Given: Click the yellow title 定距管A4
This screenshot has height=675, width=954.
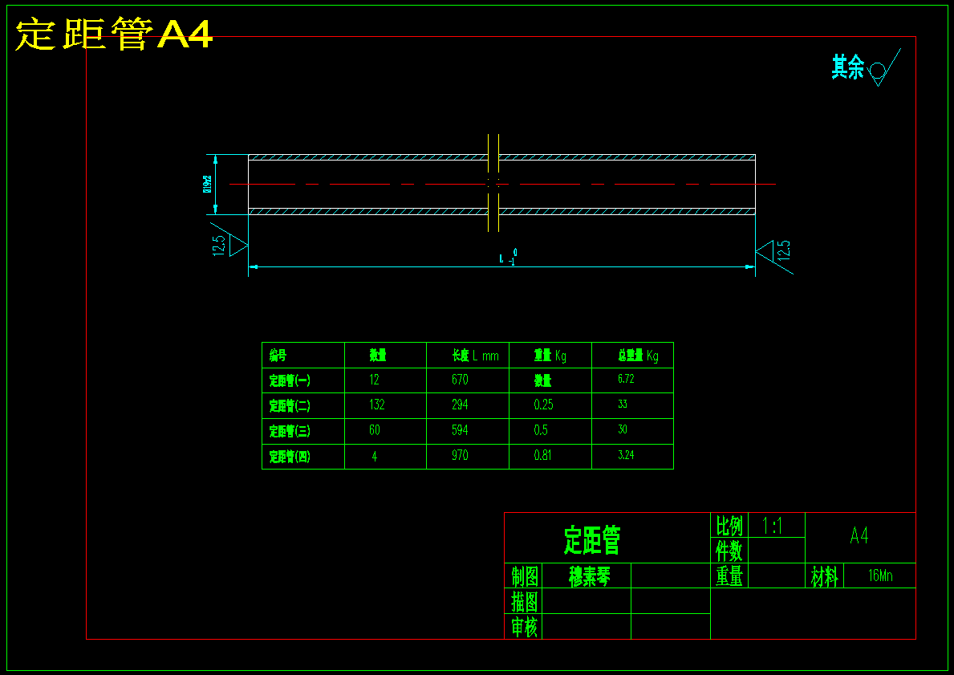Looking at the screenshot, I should (x=114, y=35).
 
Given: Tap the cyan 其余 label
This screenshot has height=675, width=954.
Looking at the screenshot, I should (x=847, y=67).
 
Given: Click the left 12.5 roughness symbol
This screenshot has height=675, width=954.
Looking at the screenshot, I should (x=229, y=243).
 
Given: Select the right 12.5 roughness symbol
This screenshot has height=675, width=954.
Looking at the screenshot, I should (x=773, y=250).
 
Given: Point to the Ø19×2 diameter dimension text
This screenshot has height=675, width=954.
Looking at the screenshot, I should (x=207, y=185).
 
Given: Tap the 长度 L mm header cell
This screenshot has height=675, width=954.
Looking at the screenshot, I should (x=474, y=356).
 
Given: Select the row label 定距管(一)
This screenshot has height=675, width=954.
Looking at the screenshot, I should (x=290, y=380).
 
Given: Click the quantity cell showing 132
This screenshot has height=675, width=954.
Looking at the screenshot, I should (x=376, y=405).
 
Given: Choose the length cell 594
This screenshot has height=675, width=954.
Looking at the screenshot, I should (x=459, y=430).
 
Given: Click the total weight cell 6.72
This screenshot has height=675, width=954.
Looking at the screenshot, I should (x=625, y=379).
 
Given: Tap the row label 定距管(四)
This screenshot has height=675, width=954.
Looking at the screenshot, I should (x=290, y=456).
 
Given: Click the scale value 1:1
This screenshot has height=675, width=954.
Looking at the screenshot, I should (x=772, y=526).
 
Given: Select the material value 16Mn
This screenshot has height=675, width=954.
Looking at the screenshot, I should (x=879, y=575).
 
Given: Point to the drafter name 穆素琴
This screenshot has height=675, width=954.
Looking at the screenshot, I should (x=589, y=575).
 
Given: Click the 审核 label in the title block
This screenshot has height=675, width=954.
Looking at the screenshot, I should (x=524, y=626).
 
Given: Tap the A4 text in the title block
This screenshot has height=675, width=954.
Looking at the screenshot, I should (x=859, y=536).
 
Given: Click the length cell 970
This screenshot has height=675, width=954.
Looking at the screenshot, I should (x=459, y=456).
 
